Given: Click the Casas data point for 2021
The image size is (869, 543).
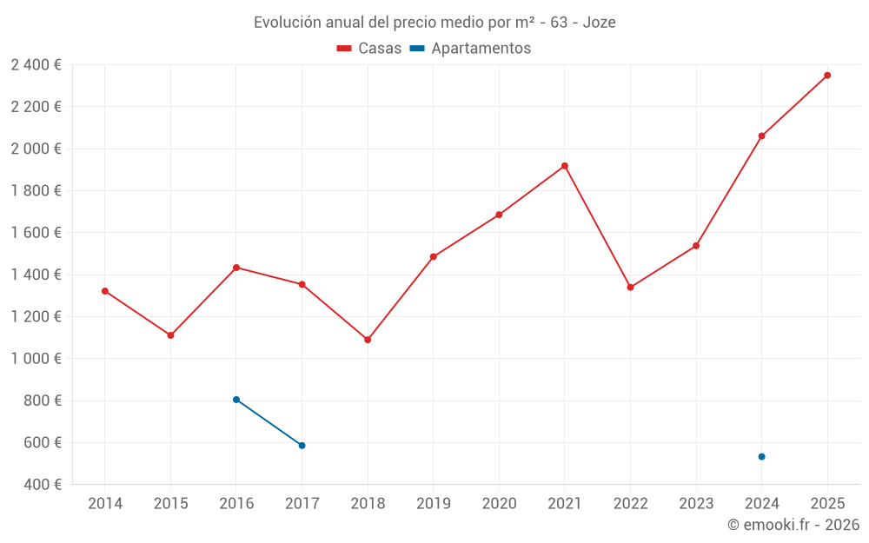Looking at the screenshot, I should coord(565,166).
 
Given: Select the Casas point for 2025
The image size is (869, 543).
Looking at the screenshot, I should coord(827,76).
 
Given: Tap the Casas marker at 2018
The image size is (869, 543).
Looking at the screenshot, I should coord(368,340).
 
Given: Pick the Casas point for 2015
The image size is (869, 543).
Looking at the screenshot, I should coord(170,335).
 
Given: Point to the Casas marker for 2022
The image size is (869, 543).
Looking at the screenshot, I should coord(630,288).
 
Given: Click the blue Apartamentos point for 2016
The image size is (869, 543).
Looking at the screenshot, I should coord(236,400).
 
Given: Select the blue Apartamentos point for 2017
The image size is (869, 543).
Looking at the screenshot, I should coord(302,446).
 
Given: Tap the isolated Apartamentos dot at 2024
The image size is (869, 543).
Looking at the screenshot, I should coord(761,457).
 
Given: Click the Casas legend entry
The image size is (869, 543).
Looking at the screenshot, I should coord(369,49).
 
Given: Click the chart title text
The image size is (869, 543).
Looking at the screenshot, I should coord(434,23).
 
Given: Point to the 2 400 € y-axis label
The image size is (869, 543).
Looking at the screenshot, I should coord(36,65).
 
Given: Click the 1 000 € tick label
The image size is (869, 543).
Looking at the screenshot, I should coord(36,359).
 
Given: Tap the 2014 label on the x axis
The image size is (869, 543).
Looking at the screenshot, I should coord(105,504).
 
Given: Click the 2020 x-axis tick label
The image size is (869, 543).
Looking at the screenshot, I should coord(499,504).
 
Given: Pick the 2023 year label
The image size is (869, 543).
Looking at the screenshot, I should coord(696,504).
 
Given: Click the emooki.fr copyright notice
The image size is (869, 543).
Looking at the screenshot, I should coord(793,525).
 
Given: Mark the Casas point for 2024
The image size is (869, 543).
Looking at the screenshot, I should coord(761,136).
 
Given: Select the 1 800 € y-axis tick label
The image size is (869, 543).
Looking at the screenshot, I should coord(36,191).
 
